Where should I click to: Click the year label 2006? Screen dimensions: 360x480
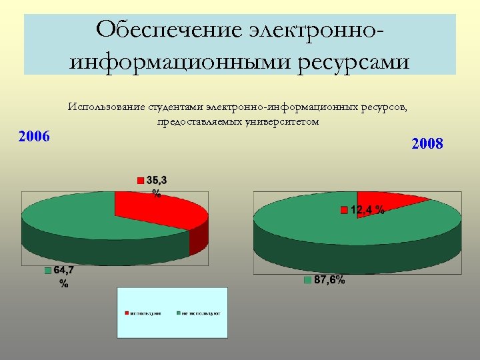[34, 137]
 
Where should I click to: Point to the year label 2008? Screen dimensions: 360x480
[427, 143]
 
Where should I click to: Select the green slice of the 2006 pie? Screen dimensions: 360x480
[67, 220]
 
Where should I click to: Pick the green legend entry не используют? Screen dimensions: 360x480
[199, 312]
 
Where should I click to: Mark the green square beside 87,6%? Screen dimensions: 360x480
[307, 280]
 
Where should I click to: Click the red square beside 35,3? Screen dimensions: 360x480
[141, 180]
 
